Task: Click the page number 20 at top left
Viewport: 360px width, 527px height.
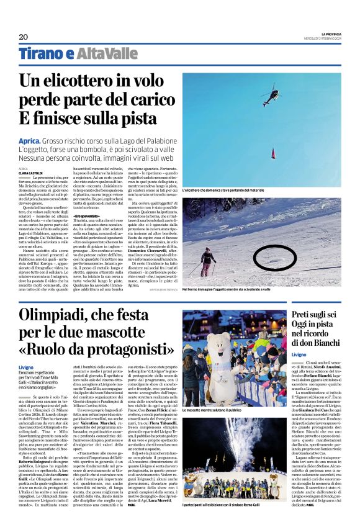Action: tap(24, 37)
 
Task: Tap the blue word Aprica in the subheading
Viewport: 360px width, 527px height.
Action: tap(30, 141)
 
